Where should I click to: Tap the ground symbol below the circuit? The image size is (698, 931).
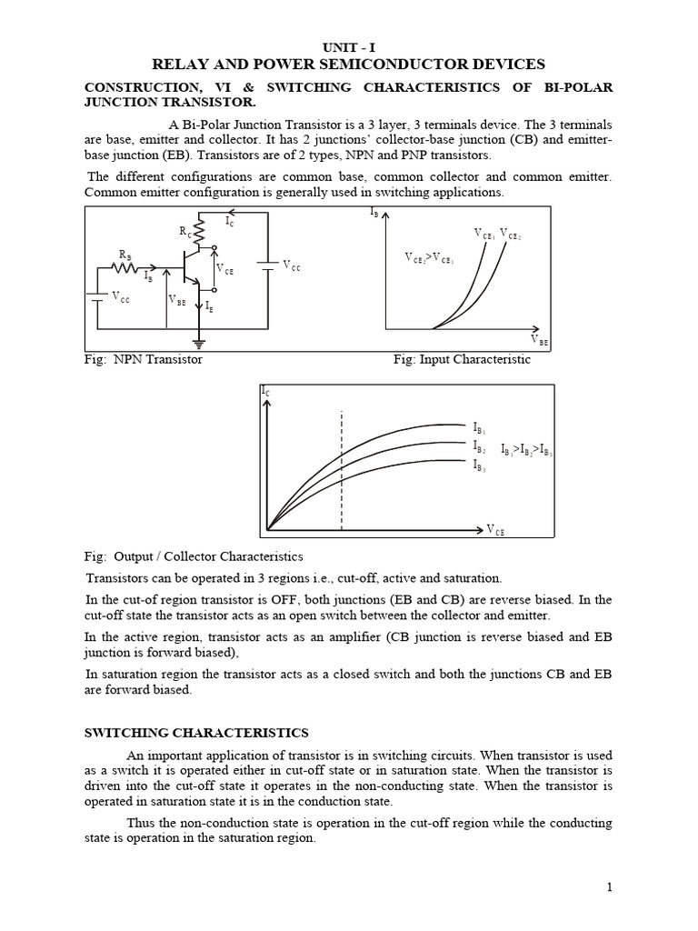click(200, 344)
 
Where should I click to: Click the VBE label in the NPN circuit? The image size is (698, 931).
click(176, 299)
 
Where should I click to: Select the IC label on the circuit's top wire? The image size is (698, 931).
click(229, 221)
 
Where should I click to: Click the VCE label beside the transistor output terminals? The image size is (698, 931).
click(224, 269)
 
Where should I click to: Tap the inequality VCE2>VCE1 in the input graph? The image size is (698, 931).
click(430, 257)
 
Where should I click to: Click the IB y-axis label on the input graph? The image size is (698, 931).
click(375, 213)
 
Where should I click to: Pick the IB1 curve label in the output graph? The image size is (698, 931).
click(480, 426)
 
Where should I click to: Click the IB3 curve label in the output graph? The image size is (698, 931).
click(480, 465)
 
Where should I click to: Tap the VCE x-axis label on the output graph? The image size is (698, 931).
click(495, 530)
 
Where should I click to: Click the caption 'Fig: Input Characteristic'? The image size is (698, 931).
click(462, 359)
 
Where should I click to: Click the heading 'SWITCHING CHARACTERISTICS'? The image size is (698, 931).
click(196, 733)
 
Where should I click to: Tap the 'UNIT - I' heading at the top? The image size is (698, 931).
click(348, 46)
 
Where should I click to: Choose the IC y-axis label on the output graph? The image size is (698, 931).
click(265, 391)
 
